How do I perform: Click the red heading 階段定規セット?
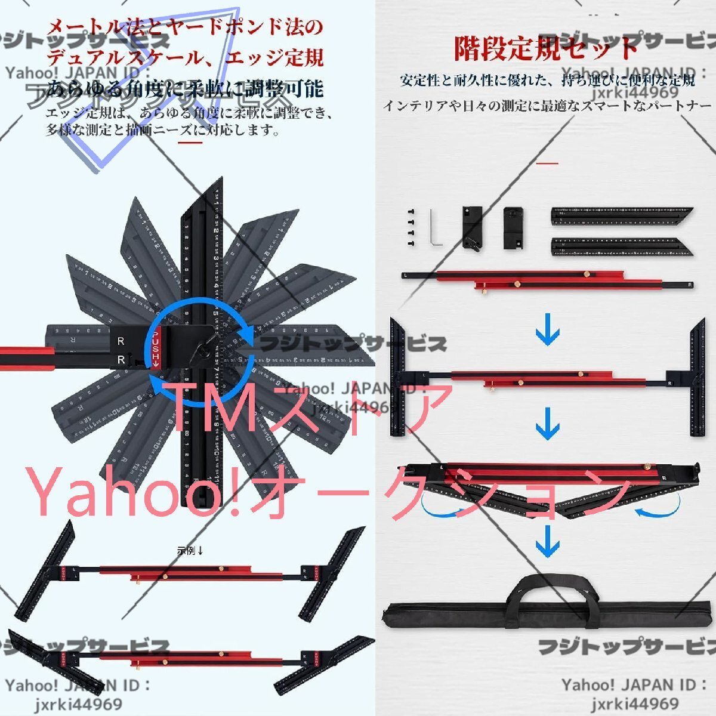546,48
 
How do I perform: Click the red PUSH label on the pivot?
157,348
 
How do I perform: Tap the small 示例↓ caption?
190,551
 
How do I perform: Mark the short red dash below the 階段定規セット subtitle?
548,162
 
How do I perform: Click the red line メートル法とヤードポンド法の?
186,27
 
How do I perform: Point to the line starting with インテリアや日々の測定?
548,106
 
